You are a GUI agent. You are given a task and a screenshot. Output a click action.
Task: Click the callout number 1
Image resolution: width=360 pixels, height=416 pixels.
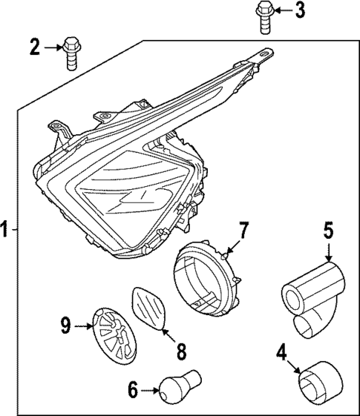[6, 229]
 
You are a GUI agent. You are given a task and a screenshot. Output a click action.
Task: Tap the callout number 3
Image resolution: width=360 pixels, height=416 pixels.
[298, 10]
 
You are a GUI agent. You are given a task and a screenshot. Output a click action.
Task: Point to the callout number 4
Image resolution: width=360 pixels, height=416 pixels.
[281, 351]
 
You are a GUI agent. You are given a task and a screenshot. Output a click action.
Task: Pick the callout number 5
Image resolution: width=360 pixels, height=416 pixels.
[328, 231]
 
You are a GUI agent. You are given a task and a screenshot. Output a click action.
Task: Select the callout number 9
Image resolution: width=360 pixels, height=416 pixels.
[65, 324]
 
